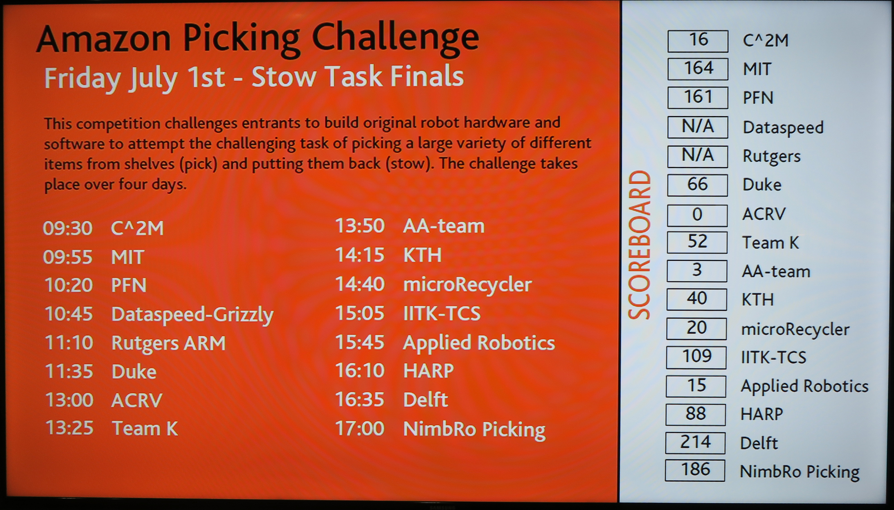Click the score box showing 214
coord(695,443)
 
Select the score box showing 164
coord(698,69)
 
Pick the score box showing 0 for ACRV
coord(697,215)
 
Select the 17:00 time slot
coord(360,428)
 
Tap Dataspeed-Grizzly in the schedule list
coord(192,315)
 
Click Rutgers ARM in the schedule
coord(168,343)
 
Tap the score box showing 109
coord(696,357)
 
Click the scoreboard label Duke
coord(762,185)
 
